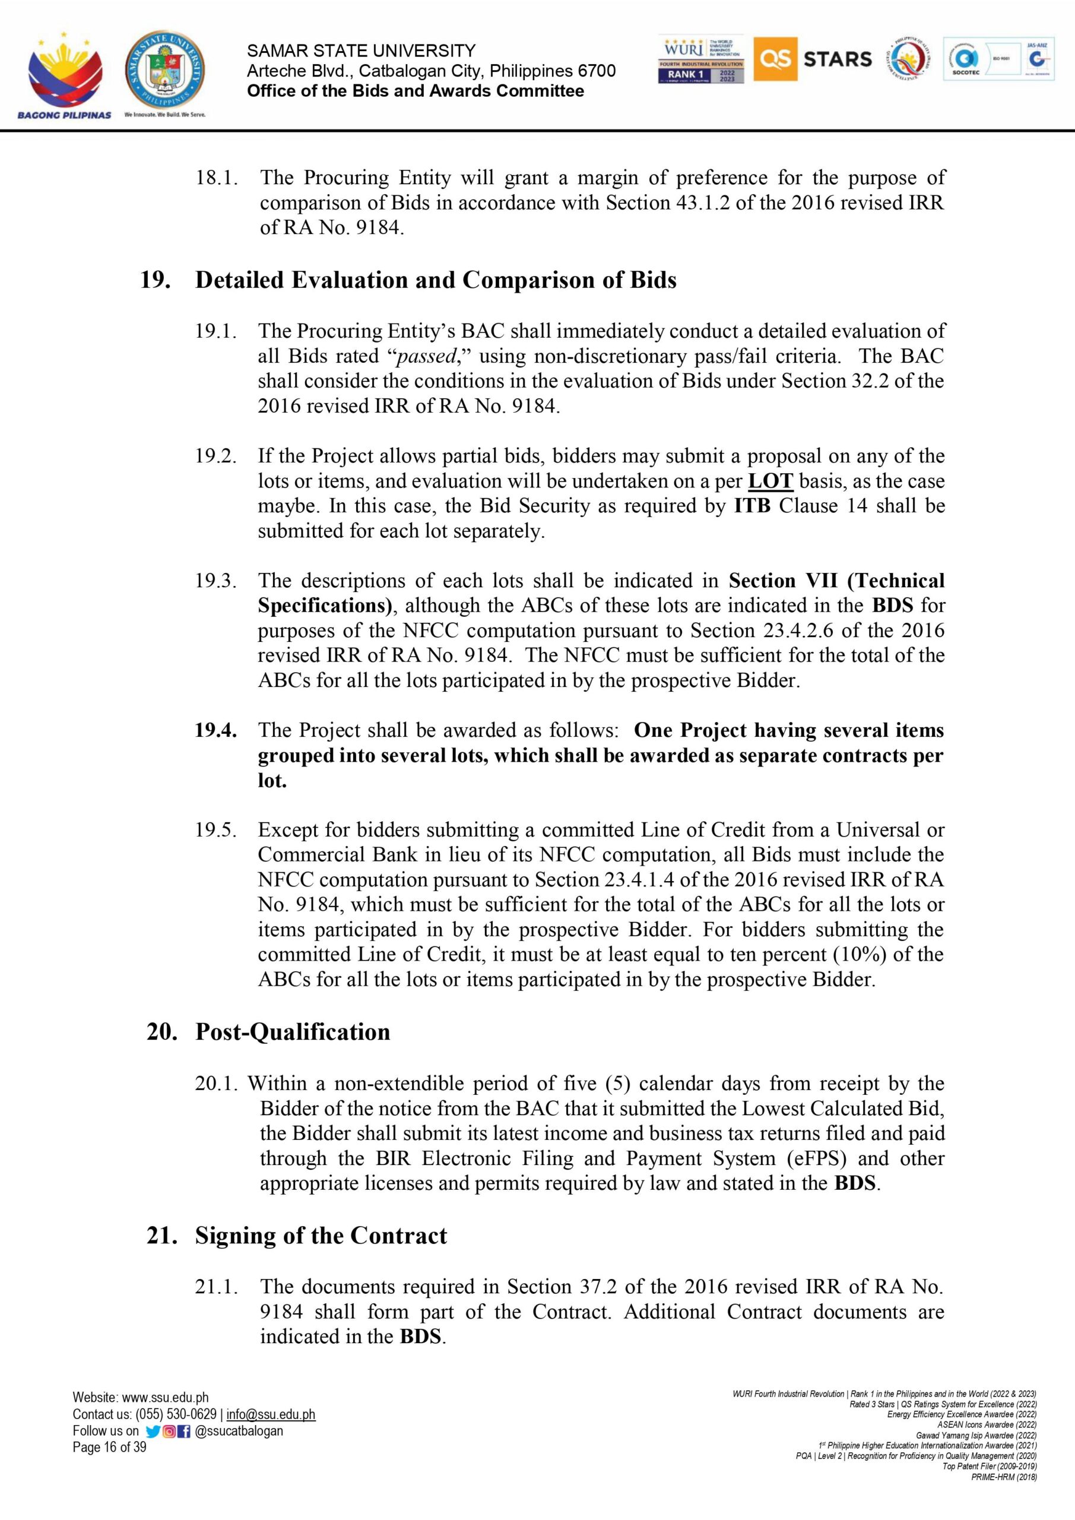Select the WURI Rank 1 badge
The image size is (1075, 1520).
tap(700, 59)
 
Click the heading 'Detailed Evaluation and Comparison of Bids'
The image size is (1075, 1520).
tap(436, 280)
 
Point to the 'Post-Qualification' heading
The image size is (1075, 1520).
tap(293, 1032)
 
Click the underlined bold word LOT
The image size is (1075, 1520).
tap(770, 482)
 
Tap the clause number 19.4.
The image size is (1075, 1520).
tap(215, 730)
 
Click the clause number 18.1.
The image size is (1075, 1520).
tap(216, 178)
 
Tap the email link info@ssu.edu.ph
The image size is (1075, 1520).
tap(271, 1415)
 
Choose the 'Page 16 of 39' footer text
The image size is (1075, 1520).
tap(109, 1447)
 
